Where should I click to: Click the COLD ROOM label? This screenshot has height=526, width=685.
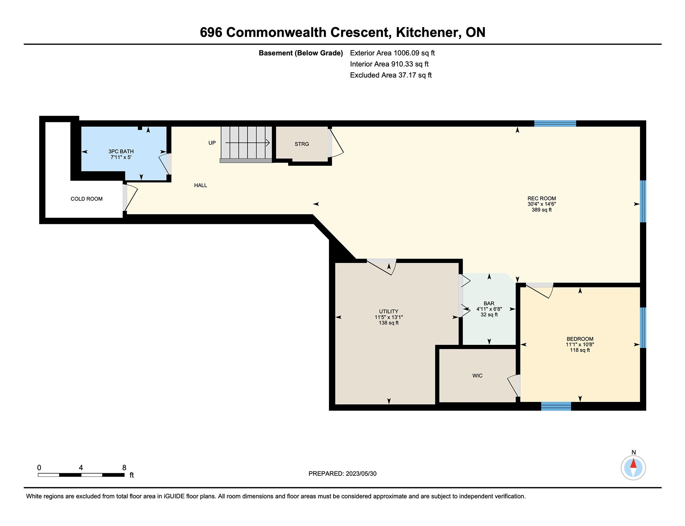[86, 199]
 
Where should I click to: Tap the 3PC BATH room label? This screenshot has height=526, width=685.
[121, 152]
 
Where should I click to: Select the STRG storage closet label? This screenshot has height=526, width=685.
[302, 144]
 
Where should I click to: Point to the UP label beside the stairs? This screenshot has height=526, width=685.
[212, 143]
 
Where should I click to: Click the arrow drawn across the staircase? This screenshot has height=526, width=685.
[247, 143]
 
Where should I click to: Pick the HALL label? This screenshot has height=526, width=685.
[201, 185]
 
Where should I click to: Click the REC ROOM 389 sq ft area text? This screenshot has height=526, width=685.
[542, 210]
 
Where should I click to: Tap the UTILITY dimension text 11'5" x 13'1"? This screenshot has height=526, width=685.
[389, 317]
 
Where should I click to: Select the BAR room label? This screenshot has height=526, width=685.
[489, 303]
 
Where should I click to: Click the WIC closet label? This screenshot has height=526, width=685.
[477, 376]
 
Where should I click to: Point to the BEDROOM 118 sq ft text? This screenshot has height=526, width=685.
[580, 350]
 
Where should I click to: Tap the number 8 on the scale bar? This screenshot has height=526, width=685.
[124, 468]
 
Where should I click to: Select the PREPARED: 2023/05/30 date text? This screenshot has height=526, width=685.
[342, 474]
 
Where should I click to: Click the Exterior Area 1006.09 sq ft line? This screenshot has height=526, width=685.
[392, 53]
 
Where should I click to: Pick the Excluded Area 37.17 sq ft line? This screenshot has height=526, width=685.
[391, 75]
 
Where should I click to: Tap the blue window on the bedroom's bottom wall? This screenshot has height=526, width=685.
[556, 406]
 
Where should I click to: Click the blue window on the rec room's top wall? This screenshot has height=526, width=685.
[555, 123]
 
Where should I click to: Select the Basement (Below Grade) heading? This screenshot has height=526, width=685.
[301, 53]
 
